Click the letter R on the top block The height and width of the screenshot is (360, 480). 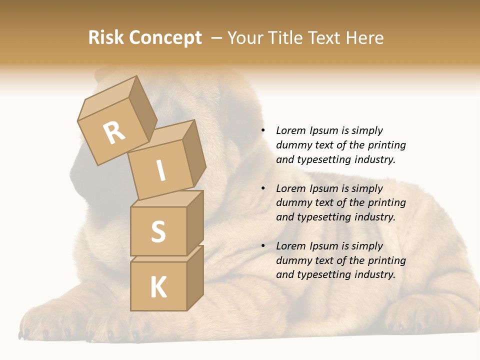click(114, 133)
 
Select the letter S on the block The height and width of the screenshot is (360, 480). click(158, 231)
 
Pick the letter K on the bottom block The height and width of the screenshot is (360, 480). click(158, 287)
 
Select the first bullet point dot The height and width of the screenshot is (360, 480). click(263, 130)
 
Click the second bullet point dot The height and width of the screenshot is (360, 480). click(263, 188)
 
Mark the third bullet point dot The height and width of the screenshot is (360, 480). click(263, 246)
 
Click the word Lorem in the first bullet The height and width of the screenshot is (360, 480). click(291, 130)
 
